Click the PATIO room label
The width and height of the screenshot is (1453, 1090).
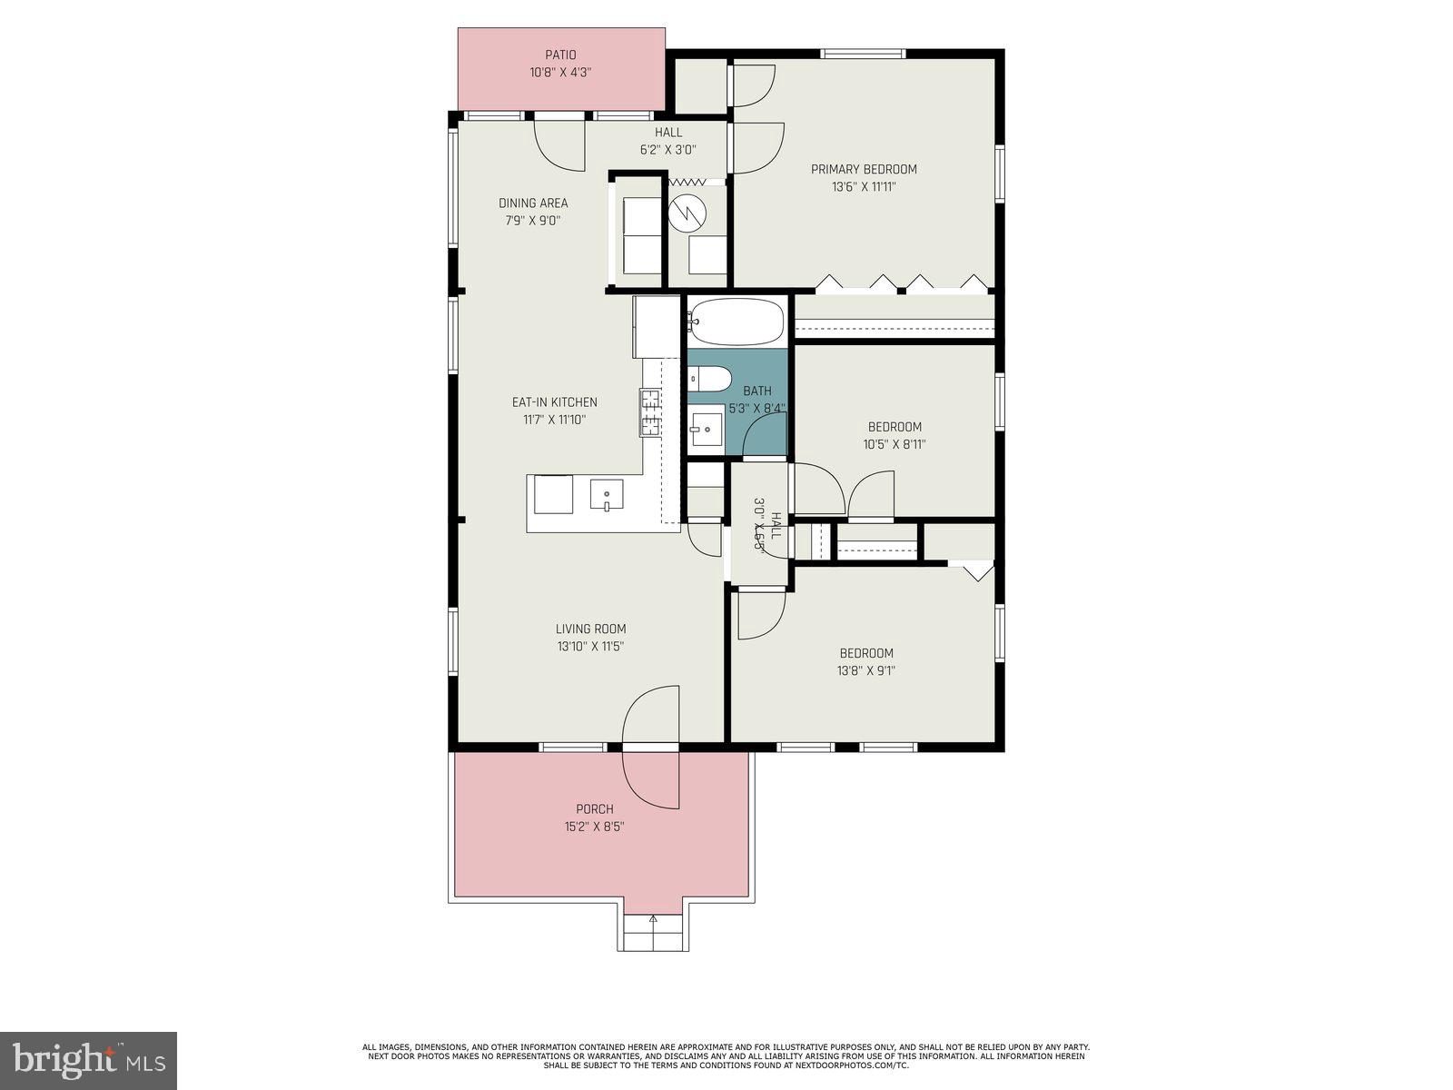point(560,55)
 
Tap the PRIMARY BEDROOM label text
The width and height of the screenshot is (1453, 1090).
point(864,169)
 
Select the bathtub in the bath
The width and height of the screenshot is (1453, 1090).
point(736,322)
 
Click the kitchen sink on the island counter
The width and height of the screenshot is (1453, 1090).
point(606,495)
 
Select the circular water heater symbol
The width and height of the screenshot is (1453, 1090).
point(687,212)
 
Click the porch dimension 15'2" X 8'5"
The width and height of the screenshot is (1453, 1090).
point(594,827)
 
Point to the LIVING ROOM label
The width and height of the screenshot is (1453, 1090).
point(590,629)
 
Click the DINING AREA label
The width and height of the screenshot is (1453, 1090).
point(533,203)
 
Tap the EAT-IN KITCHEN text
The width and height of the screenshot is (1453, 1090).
point(554,401)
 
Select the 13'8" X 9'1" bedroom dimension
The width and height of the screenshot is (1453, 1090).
point(865,670)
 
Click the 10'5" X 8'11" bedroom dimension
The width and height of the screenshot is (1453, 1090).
point(895,444)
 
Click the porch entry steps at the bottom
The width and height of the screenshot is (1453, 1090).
point(653,932)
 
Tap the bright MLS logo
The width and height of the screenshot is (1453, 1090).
point(88,1060)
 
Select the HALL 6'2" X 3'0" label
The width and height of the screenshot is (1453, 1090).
point(668,141)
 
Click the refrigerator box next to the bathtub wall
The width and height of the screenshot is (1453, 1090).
point(657,326)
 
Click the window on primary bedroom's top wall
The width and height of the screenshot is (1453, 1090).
point(863,54)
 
